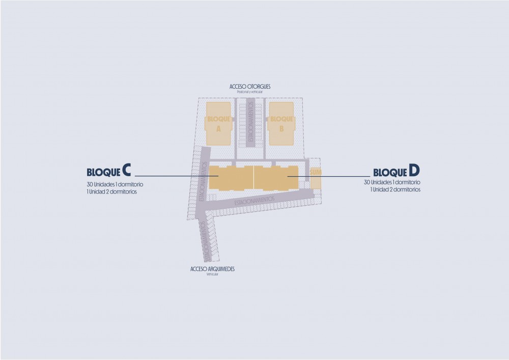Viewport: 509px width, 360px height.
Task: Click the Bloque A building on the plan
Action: coord(218,123)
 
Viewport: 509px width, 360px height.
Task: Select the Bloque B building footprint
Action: coord(281,123)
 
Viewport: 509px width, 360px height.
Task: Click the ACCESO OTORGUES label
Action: coord(250,87)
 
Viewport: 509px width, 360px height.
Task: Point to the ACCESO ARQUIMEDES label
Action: coord(212,269)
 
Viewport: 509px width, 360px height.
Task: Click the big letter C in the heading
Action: coord(127,170)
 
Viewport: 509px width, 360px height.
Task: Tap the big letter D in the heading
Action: coord(414,170)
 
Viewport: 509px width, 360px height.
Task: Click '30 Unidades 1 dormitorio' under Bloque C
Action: coord(115,184)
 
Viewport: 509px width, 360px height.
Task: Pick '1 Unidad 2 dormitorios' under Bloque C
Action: coord(111,192)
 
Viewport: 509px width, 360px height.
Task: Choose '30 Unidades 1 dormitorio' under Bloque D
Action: coord(392,182)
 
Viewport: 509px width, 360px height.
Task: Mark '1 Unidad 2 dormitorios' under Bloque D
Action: coord(395,189)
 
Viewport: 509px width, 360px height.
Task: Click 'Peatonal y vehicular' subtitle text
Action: coord(250,92)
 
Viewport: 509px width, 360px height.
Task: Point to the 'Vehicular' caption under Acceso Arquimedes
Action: coord(212,274)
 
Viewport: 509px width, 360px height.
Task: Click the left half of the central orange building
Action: coord(232,178)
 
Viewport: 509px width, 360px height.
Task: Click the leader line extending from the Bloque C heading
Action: coord(168,177)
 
